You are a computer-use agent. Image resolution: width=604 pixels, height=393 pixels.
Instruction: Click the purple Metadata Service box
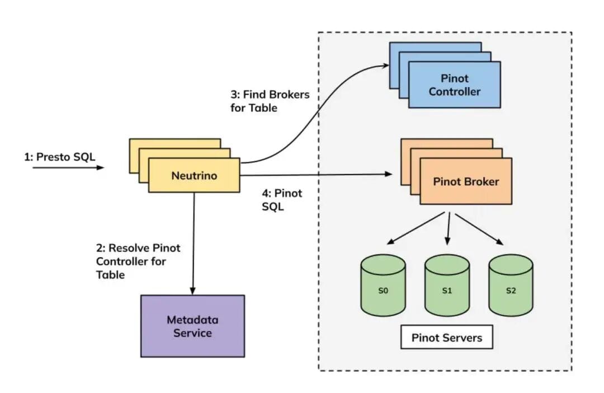coord(192,326)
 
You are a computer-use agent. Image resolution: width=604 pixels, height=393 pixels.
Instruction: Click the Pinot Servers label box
coord(446,338)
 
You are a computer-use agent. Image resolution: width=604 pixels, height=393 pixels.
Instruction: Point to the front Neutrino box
coord(194,176)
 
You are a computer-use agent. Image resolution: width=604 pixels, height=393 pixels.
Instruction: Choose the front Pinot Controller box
coord(454,85)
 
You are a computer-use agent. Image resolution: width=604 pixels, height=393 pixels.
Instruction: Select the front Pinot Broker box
coord(466,182)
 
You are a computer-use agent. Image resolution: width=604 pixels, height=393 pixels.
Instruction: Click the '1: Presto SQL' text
coord(59,157)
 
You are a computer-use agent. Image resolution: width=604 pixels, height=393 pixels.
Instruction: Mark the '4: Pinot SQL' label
coord(282,200)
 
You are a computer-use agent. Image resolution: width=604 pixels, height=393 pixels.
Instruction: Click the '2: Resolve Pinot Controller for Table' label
coord(138,261)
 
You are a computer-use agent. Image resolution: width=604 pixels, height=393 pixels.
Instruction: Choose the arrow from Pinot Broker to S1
coord(447,228)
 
